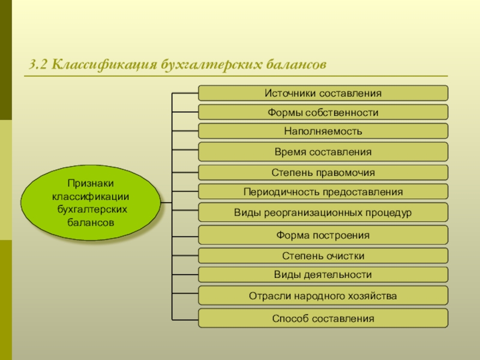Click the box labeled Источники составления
tap(323, 93)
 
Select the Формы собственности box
tap(323, 112)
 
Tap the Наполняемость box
tap(323, 131)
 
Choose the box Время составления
tap(323, 152)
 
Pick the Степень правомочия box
tap(323, 173)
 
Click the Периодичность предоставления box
tap(323, 192)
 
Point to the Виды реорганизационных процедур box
tap(323, 212)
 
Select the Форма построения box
tap(323, 235)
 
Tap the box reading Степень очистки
tap(323, 256)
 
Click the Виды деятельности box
tap(323, 275)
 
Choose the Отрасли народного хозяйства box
tap(323, 296)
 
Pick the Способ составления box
tap(323, 318)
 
